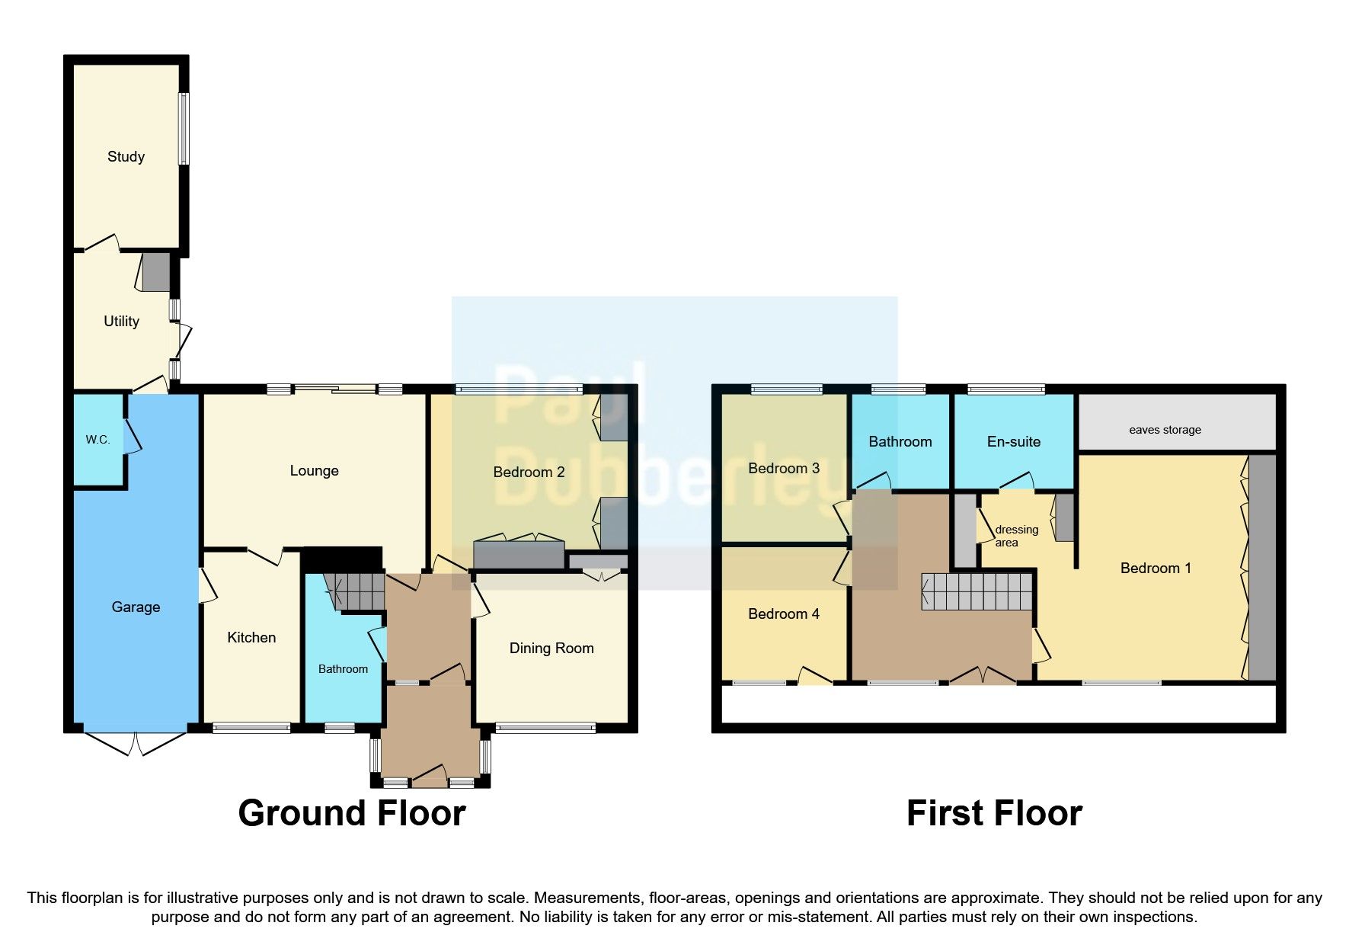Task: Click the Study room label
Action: click(126, 156)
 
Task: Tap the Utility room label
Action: click(121, 321)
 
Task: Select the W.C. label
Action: click(97, 440)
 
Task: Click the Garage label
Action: click(136, 607)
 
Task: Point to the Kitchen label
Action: click(251, 637)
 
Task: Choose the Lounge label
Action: click(314, 470)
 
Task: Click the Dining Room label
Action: click(551, 648)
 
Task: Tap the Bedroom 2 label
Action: click(529, 472)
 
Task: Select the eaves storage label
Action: click(1165, 430)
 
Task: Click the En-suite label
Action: click(1013, 441)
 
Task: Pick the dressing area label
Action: click(1015, 536)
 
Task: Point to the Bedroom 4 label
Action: click(783, 613)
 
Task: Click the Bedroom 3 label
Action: click(783, 468)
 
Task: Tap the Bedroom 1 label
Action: click(1155, 568)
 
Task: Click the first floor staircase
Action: click(977, 591)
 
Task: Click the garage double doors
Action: click(135, 744)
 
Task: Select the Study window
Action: click(184, 128)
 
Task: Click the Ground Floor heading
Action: click(351, 813)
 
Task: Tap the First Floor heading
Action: click(993, 813)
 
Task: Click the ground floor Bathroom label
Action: click(343, 668)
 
